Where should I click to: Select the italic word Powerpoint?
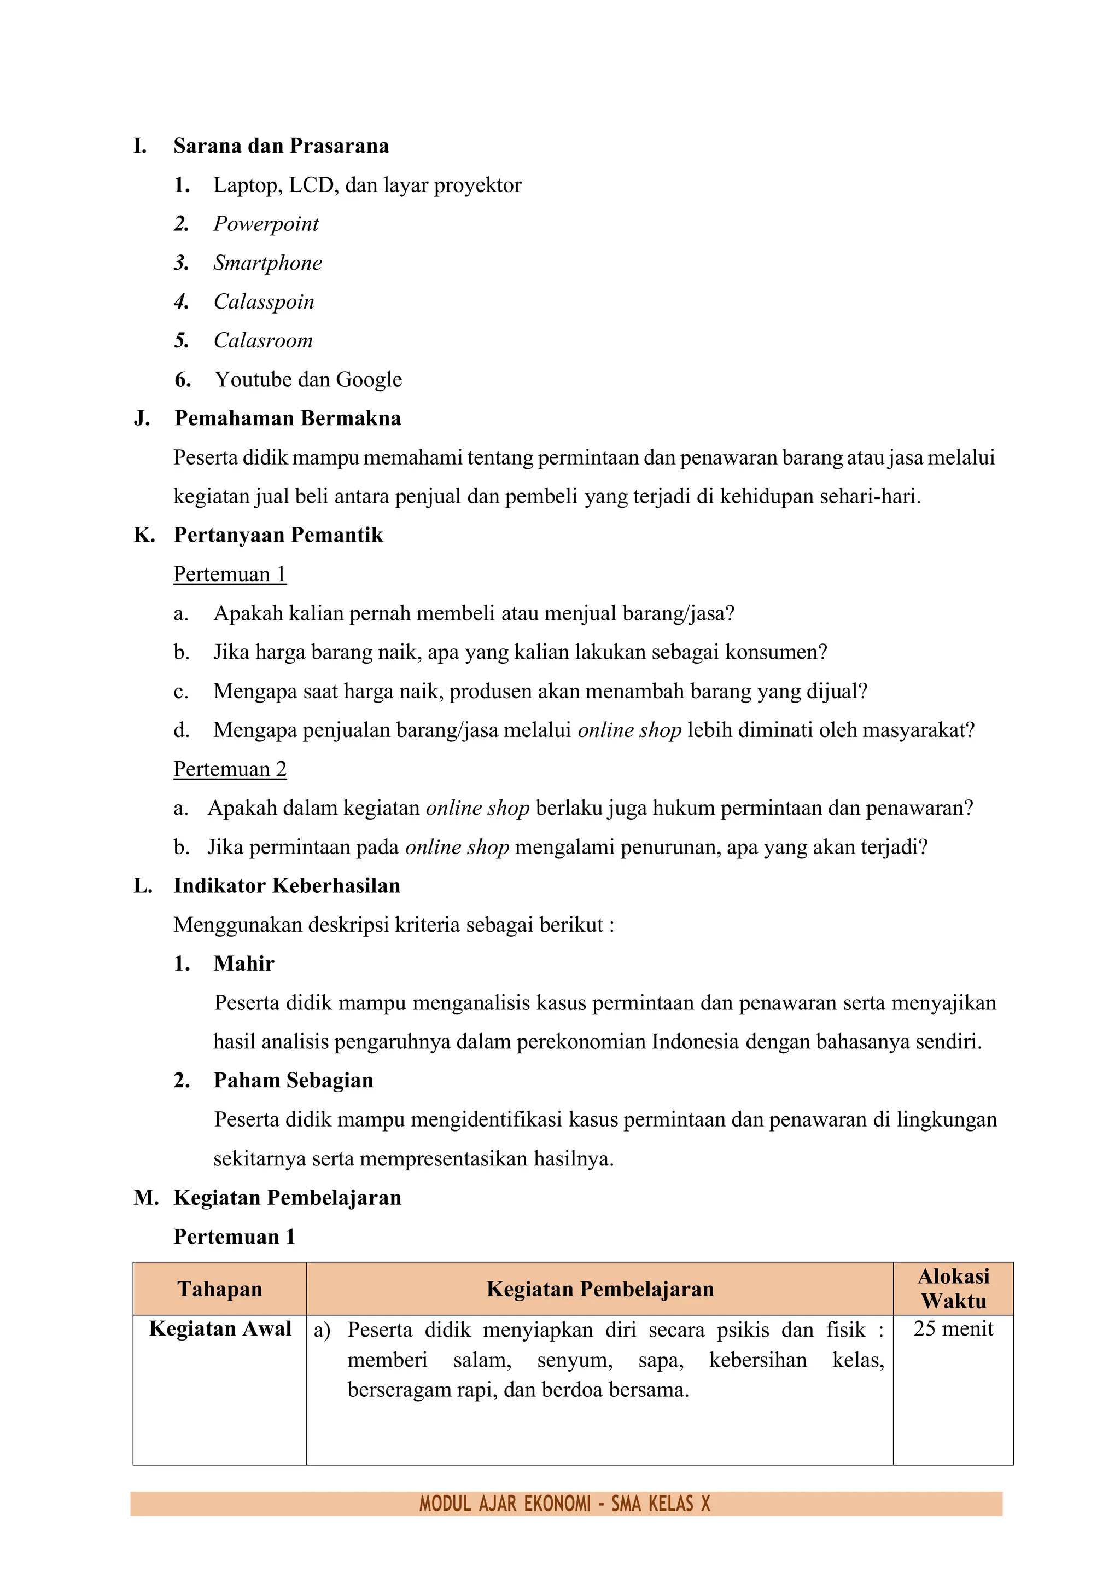(x=266, y=224)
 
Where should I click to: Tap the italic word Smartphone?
(x=267, y=263)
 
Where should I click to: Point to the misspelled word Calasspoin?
(x=264, y=301)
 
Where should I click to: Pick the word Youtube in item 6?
(x=253, y=379)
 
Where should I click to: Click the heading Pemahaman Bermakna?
(x=287, y=419)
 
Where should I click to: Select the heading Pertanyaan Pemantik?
(x=278, y=535)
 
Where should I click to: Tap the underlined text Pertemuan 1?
(x=230, y=575)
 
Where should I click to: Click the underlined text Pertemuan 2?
(x=230, y=769)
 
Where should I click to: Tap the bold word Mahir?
(x=243, y=964)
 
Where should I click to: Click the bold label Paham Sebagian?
(x=293, y=1081)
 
